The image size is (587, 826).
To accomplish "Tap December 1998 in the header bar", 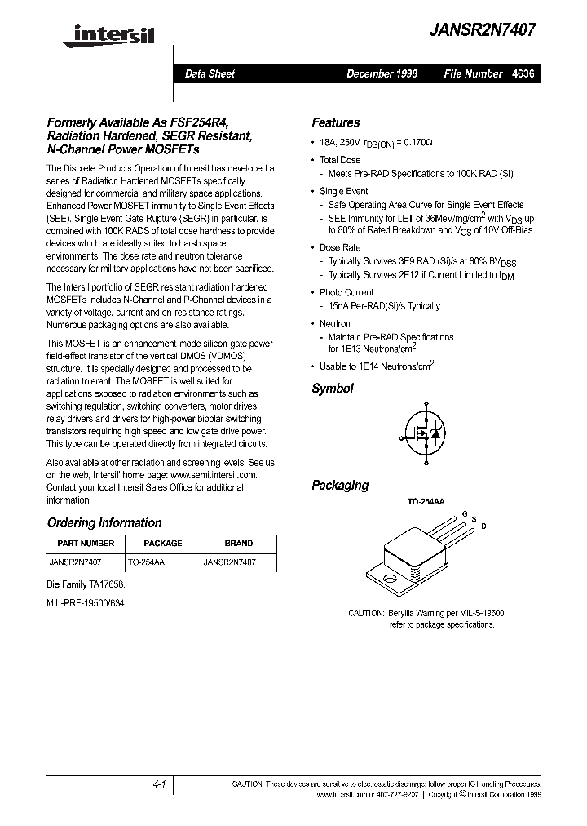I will click(x=382, y=73).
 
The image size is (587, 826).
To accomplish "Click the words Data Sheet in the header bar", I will click(x=210, y=73).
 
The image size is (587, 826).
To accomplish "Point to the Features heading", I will click(x=335, y=122).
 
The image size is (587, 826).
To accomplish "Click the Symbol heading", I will click(x=333, y=389).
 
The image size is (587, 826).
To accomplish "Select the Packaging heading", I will click(x=340, y=485).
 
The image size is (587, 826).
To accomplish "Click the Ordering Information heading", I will click(x=104, y=522).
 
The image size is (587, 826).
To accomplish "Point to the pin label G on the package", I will click(x=465, y=514).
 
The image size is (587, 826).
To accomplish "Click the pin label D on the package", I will click(x=483, y=526).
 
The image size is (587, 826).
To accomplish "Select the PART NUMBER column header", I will click(x=86, y=543).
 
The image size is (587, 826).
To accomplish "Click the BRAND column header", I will click(x=239, y=543).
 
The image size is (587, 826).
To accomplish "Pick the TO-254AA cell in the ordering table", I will click(x=147, y=562).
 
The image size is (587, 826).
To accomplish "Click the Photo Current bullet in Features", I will click(x=346, y=292).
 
